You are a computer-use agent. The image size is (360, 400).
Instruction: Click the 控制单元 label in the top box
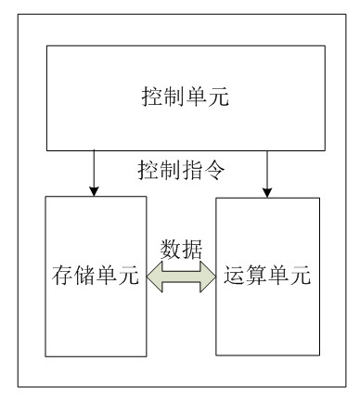point(186,97)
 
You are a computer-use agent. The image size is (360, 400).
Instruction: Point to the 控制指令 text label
point(181,170)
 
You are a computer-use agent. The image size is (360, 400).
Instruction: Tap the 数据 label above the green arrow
point(181,250)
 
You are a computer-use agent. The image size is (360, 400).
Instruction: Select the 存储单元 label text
point(96,275)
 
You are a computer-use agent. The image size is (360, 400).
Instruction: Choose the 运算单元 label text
point(267,275)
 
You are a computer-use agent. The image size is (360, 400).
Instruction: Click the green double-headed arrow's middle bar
point(181,277)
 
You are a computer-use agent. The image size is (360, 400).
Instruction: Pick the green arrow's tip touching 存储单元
point(147,277)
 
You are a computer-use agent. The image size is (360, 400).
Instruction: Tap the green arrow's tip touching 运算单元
point(215,277)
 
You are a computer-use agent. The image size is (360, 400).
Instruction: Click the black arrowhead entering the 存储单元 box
point(94,191)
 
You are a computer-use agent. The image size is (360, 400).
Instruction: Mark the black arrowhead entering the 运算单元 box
point(267,192)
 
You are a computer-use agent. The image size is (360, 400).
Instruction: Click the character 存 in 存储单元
point(63,275)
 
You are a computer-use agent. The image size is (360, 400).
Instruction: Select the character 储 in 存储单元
point(84,275)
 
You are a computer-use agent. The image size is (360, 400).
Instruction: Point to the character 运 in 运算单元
point(235,275)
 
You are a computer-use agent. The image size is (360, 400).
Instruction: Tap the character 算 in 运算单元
point(256,275)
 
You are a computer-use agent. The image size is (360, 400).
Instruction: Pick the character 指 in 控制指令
point(192,170)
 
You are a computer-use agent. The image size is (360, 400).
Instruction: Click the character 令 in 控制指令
point(214,170)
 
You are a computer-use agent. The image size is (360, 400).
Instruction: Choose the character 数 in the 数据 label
point(171,250)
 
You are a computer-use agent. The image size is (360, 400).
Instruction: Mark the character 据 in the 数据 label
point(192,250)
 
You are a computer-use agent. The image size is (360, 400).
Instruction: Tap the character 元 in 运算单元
point(301,275)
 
